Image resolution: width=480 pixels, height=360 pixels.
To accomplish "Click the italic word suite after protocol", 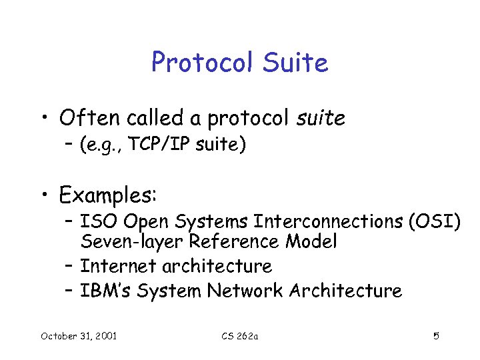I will pos(322,118).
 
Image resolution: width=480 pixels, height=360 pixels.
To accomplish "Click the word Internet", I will pos(117,266).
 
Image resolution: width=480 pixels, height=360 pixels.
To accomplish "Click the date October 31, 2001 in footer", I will pos(78,335).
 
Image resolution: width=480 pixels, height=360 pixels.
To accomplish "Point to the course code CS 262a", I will pos(239,335).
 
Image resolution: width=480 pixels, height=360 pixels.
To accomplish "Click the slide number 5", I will pos(436,335).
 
